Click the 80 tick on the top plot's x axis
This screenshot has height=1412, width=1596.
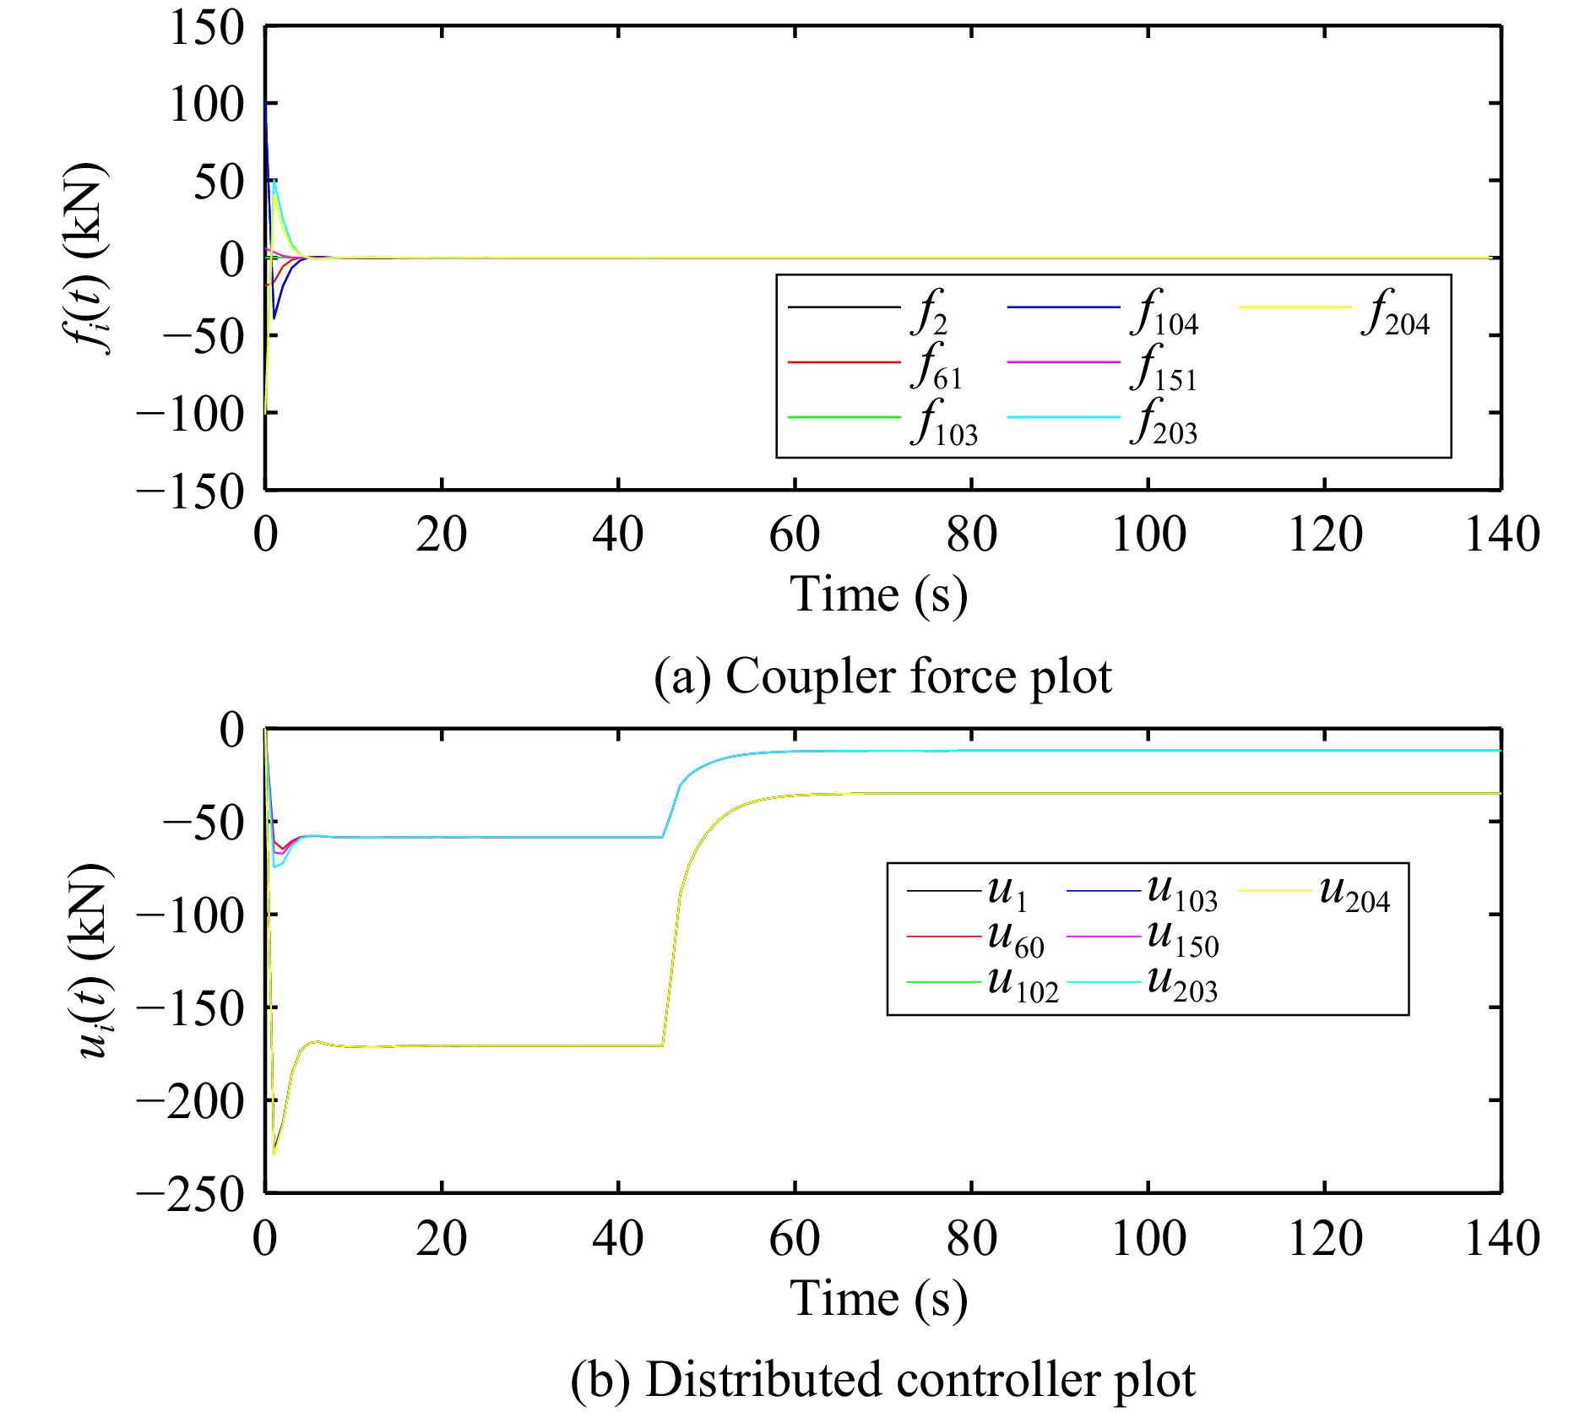click(x=971, y=535)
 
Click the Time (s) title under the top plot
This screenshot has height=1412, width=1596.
click(x=878, y=594)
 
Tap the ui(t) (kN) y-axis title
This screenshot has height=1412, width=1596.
click(x=93, y=961)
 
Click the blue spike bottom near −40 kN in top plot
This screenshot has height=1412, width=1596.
click(x=274, y=318)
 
